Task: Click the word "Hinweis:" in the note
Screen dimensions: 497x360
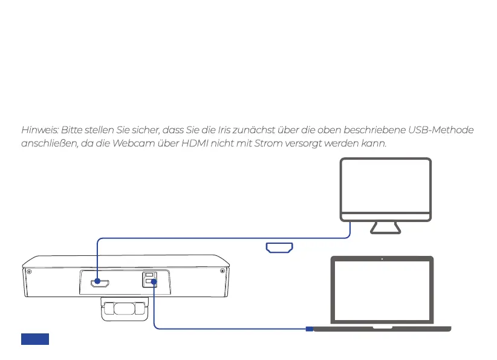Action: [x=39, y=131]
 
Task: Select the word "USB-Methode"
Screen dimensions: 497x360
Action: [x=441, y=131]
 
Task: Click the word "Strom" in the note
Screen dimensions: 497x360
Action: [x=253, y=145]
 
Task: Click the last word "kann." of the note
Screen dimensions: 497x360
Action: [x=373, y=145]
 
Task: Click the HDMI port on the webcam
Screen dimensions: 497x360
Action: [x=97, y=283]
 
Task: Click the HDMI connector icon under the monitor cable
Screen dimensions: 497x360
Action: [x=279, y=247]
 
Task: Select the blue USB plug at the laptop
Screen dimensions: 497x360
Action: [x=309, y=329]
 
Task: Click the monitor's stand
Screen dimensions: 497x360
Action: [x=386, y=227]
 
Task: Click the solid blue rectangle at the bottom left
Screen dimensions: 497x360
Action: [x=35, y=339]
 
